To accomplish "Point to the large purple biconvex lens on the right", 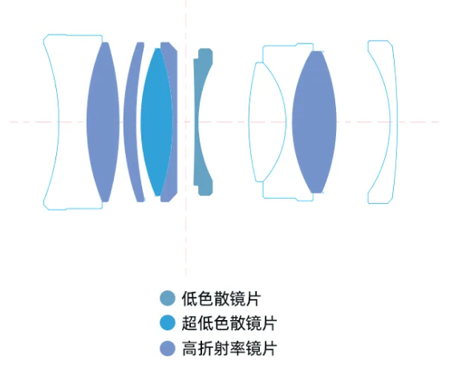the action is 314,122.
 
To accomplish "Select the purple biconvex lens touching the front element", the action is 103,122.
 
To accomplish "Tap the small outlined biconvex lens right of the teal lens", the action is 267,122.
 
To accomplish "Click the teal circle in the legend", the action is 168,298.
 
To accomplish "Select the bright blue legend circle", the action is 168,322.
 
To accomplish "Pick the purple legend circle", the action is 168,348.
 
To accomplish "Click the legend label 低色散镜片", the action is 221,298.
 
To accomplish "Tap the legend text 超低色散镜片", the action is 229,323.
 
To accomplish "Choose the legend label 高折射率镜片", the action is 229,348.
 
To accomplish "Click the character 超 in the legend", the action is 189,323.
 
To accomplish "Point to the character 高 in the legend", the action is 189,348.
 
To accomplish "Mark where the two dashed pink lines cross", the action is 186,122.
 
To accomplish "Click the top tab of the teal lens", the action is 205,54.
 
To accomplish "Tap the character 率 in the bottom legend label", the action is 237,348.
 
